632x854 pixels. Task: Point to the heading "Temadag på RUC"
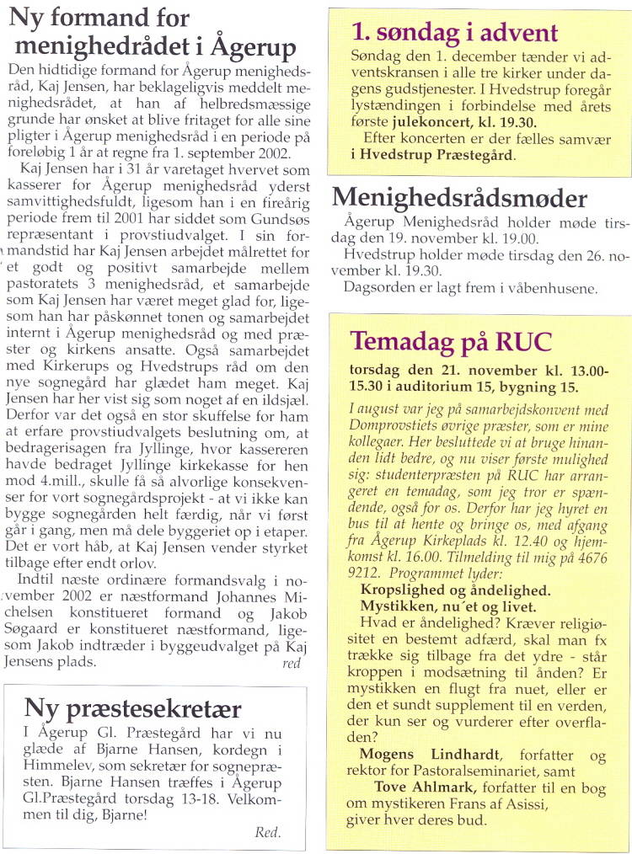pyautogui.click(x=451, y=341)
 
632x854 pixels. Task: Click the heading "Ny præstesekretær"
pyautogui.click(x=132, y=708)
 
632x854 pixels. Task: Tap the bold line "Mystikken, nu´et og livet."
pyautogui.click(x=449, y=606)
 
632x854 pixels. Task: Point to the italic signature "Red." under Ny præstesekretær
pyautogui.click(x=267, y=833)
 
